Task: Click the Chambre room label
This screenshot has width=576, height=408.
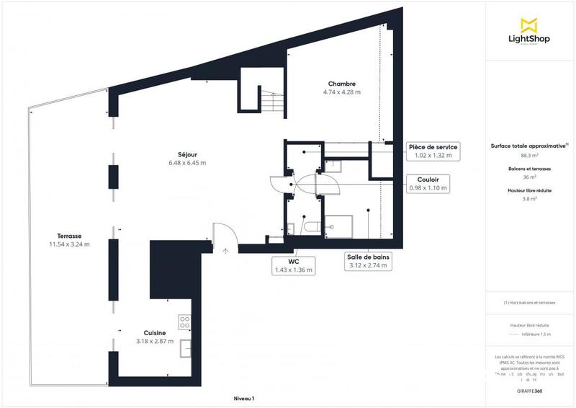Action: coord(341,84)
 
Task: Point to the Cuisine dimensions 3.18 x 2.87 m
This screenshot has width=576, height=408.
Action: coord(155,341)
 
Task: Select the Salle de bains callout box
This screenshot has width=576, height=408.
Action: coord(367,261)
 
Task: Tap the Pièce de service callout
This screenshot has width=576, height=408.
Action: coord(431,151)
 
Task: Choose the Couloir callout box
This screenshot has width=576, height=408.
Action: coord(428,184)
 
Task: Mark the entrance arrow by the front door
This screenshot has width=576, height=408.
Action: coord(225,252)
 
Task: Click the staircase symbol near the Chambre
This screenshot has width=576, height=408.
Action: coord(272,100)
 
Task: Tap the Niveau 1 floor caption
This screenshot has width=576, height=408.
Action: coord(244,399)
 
